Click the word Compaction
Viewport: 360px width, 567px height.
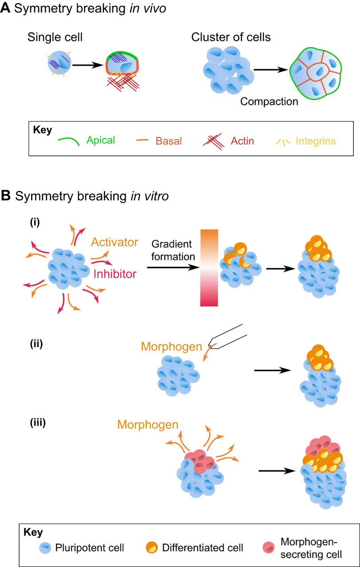[269, 101]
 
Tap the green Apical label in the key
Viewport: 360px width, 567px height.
[101, 140]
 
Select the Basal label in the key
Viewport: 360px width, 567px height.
[168, 141]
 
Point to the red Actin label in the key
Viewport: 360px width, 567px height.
[243, 141]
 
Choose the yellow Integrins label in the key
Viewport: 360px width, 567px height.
[316, 141]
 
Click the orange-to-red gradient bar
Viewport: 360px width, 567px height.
[209, 268]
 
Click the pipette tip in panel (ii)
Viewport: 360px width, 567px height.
[212, 346]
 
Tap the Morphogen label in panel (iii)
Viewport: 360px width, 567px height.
[148, 425]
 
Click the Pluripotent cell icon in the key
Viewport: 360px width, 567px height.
[46, 548]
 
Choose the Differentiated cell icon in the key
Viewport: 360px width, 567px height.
[153, 548]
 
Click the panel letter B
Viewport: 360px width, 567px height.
[6, 196]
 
